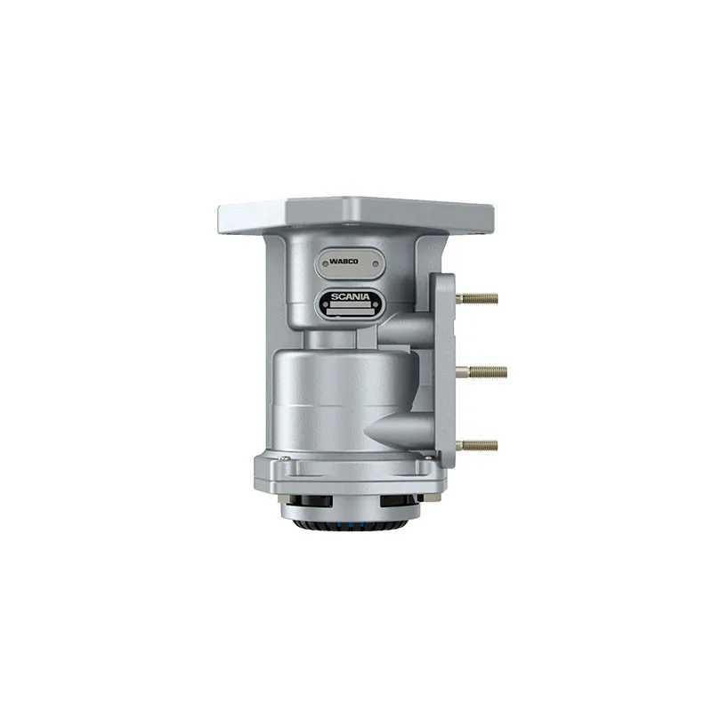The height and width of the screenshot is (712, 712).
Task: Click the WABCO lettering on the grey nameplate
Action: tap(344, 262)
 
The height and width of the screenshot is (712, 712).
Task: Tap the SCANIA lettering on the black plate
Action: tap(350, 297)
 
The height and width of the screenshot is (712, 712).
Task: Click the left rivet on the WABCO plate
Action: tap(325, 263)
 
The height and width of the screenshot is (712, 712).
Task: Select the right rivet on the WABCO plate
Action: tap(375, 263)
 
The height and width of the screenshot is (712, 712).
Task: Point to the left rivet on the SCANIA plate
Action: tap(325, 304)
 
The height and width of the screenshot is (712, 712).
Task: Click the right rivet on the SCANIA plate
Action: tap(375, 304)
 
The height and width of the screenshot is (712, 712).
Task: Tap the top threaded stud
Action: tap(478, 298)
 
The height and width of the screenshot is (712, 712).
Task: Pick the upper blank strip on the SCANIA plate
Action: tap(350, 305)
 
